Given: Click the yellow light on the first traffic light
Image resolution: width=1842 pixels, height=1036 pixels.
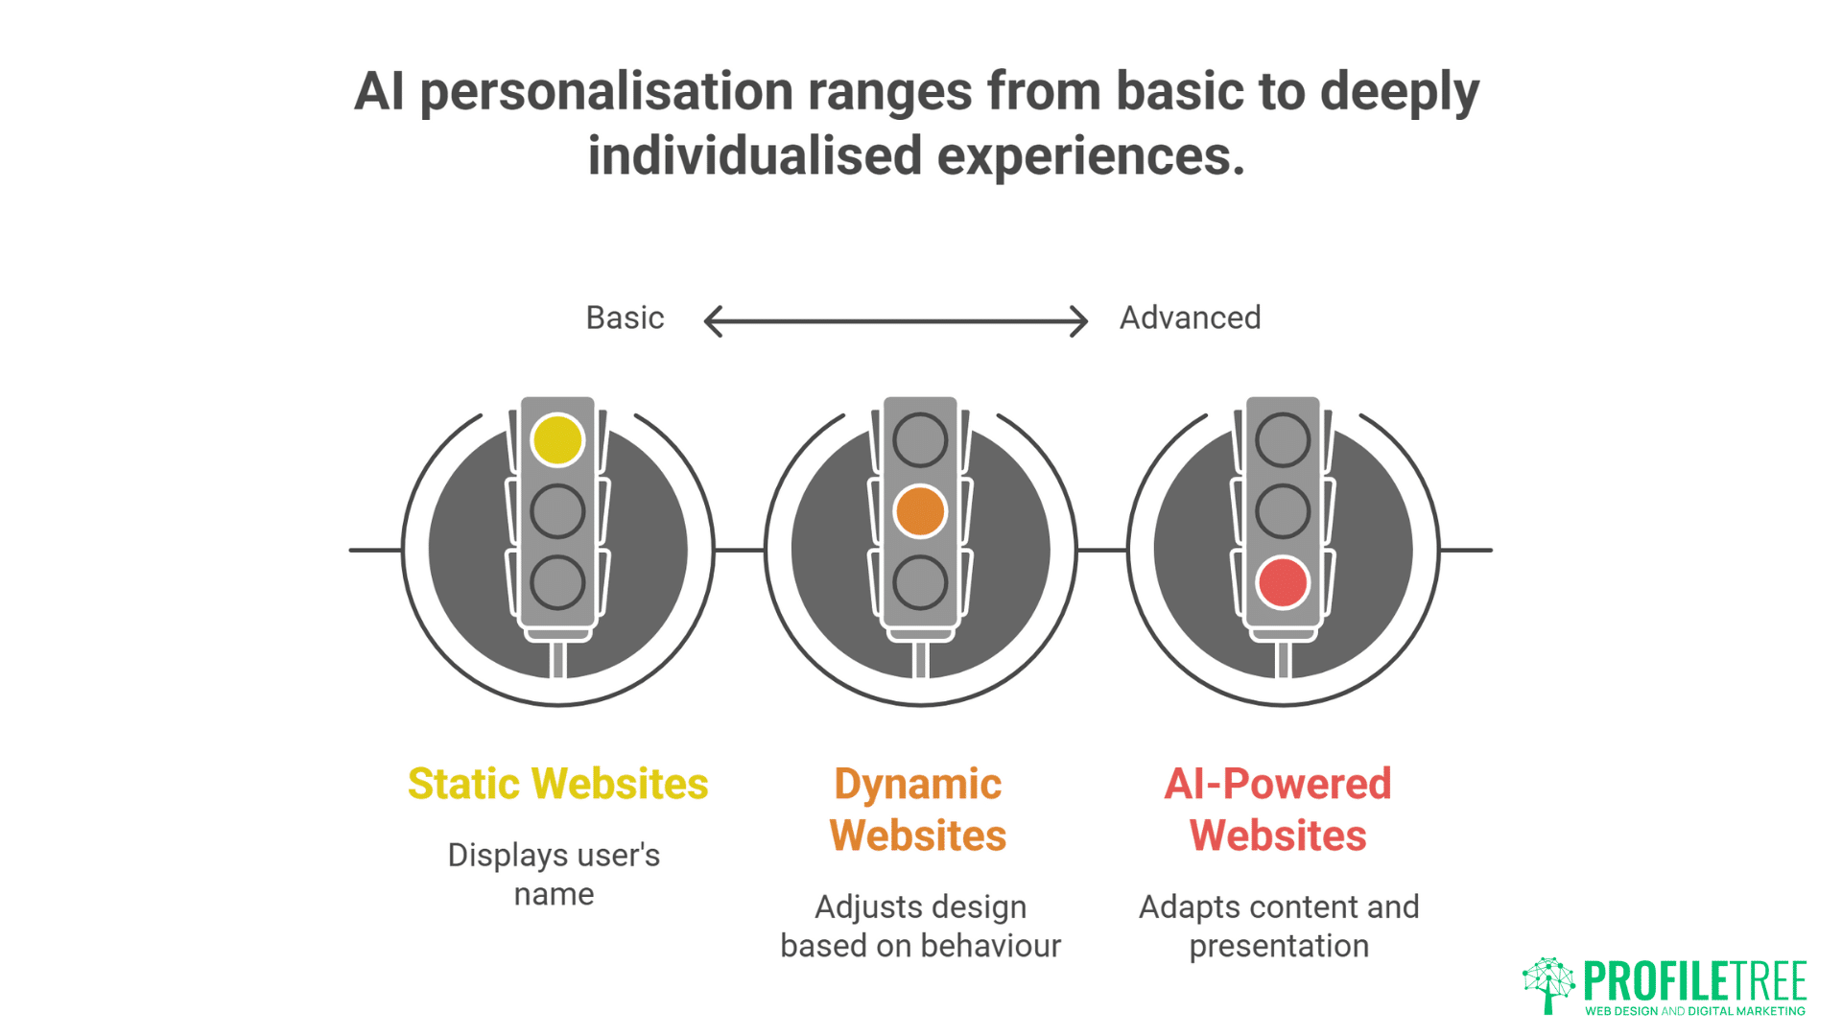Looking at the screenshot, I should pyautogui.click(x=557, y=440).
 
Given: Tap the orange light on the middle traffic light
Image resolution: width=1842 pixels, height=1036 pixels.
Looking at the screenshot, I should pyautogui.click(x=920, y=510).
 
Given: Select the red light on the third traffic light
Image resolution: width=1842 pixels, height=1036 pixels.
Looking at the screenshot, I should pyautogui.click(x=1283, y=582).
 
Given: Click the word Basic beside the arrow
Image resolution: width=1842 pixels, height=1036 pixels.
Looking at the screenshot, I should pyautogui.click(x=625, y=318).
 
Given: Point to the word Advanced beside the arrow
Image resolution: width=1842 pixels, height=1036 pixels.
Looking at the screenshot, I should pyautogui.click(x=1190, y=318).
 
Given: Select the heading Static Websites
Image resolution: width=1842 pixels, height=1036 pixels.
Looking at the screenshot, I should pyautogui.click(x=557, y=784).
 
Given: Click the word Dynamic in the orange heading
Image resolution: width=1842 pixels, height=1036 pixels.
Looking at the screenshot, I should pyautogui.click(x=918, y=784).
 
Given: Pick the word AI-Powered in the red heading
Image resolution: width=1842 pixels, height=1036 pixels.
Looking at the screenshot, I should pyautogui.click(x=1278, y=784).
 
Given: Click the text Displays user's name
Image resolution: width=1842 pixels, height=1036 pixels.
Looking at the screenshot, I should pyautogui.click(x=554, y=873).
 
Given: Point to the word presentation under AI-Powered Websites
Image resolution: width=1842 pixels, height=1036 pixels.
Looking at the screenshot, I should pyautogui.click(x=1279, y=946).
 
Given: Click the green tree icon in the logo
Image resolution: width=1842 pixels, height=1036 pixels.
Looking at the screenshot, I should pyautogui.click(x=1548, y=984).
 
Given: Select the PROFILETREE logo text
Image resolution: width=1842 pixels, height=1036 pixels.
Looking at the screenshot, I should pyautogui.click(x=1695, y=980).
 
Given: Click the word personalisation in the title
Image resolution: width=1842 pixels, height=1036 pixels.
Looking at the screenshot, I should pyautogui.click(x=606, y=93).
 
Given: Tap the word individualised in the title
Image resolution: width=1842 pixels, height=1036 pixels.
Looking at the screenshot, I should pyautogui.click(x=755, y=156).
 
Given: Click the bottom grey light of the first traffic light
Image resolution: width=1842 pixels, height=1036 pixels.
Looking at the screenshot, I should pyautogui.click(x=557, y=582).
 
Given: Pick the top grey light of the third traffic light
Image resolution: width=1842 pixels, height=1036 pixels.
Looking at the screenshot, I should pyautogui.click(x=1283, y=440).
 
